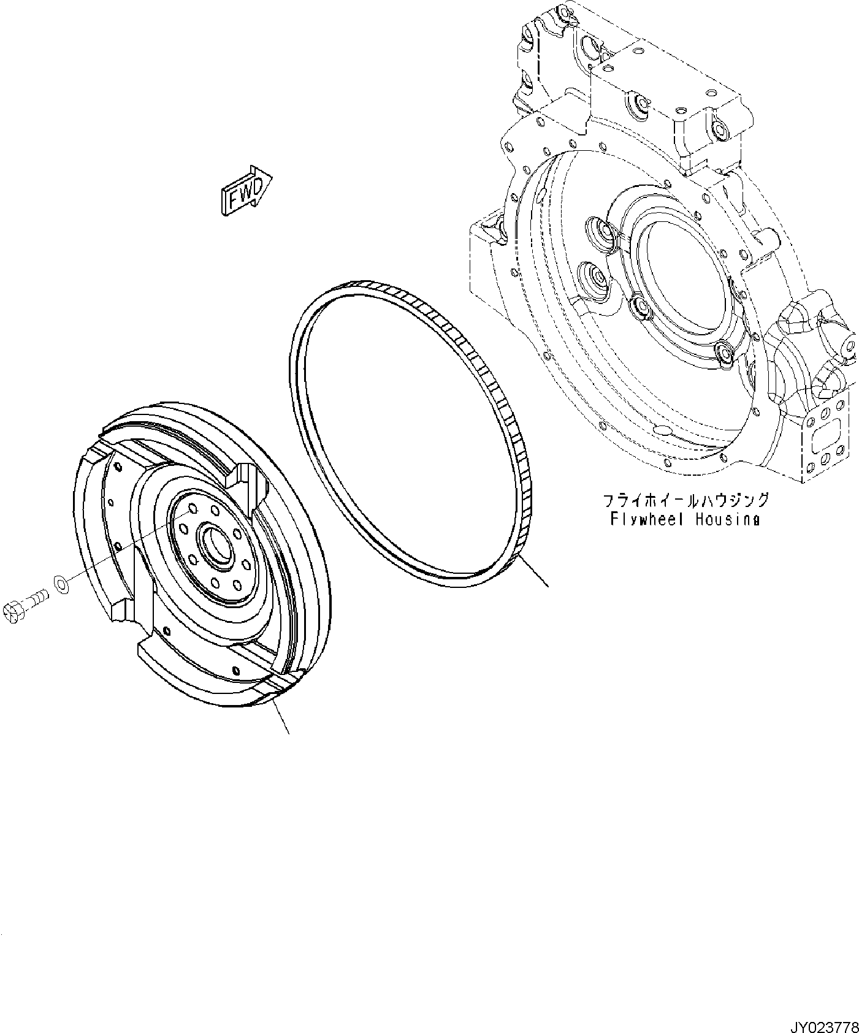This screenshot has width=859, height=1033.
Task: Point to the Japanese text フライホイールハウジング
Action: [685, 500]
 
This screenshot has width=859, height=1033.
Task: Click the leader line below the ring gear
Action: [533, 571]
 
